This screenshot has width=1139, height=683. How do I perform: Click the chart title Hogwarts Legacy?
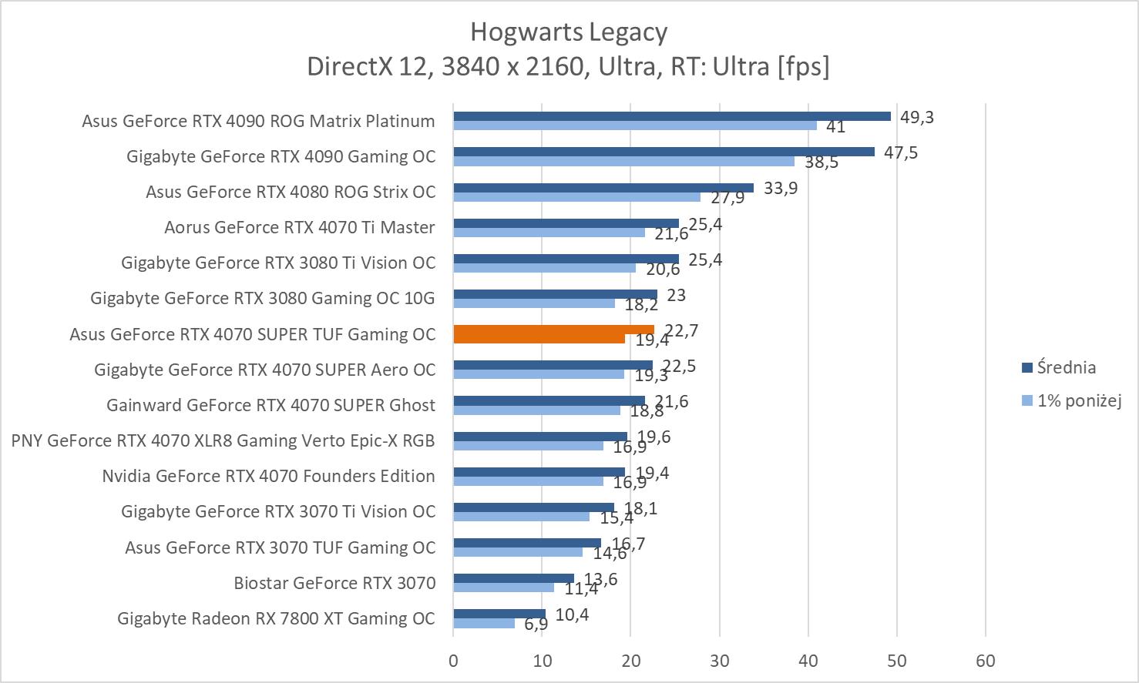pyautogui.click(x=569, y=32)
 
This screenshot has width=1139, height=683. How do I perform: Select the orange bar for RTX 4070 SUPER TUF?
pyautogui.click(x=553, y=330)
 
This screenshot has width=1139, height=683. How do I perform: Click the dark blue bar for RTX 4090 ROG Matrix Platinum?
pyautogui.click(x=671, y=116)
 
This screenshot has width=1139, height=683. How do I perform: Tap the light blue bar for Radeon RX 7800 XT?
pyautogui.click(x=484, y=623)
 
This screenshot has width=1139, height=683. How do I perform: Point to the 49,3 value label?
pyautogui.click(x=916, y=117)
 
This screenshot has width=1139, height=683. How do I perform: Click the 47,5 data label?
pyautogui.click(x=900, y=152)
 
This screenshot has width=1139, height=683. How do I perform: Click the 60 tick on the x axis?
pyautogui.click(x=986, y=661)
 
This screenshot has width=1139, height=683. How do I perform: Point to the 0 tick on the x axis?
pyautogui.click(x=453, y=661)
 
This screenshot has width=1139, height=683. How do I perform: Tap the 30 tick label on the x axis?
pyautogui.click(x=720, y=661)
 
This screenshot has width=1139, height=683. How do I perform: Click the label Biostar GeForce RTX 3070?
pyautogui.click(x=334, y=583)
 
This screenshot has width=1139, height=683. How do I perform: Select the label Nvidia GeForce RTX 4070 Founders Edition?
pyautogui.click(x=268, y=476)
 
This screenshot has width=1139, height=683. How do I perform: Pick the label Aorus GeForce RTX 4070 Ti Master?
pyautogui.click(x=300, y=227)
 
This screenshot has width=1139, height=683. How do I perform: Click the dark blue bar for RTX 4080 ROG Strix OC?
pyautogui.click(x=603, y=187)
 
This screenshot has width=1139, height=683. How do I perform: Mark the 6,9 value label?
pyautogui.click(x=536, y=624)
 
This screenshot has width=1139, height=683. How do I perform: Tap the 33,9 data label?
pyautogui.click(x=780, y=188)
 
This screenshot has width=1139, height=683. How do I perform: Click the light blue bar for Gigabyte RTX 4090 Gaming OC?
pyautogui.click(x=623, y=161)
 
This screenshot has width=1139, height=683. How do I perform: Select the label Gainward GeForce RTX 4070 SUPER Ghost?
pyautogui.click(x=270, y=405)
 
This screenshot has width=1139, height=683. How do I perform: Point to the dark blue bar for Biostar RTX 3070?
pyautogui.click(x=513, y=578)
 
